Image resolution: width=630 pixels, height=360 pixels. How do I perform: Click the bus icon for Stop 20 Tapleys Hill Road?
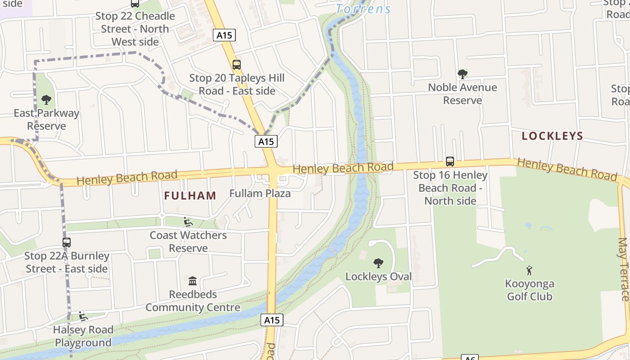pos(236,65)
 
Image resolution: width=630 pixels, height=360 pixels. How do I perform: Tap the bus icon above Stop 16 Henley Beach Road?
pos(450,161)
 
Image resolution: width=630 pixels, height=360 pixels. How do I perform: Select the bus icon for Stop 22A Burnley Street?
pos(67,243)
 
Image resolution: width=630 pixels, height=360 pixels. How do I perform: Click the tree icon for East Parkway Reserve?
pos(46,99)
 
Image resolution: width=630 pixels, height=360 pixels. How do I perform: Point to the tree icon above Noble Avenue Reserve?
pos(462,74)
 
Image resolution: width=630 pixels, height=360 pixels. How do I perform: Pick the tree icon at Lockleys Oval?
pos(378,263)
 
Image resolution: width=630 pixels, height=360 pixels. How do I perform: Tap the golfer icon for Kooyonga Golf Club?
pos(529,270)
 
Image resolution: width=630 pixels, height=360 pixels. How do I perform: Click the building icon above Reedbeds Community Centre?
pos(193,281)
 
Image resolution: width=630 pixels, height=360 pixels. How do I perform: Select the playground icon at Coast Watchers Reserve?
pos(188,221)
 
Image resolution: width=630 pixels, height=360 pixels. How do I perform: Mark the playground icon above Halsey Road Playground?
pos(83,316)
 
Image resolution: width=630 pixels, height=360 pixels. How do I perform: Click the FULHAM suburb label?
pos(190,196)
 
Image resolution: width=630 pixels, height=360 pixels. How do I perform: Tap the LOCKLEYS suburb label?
pos(552,136)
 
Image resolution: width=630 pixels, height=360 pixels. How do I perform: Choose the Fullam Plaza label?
pos(260,193)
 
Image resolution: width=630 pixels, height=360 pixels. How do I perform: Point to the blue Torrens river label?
pos(363,9)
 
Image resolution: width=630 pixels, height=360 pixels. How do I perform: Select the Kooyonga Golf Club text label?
pos(530,290)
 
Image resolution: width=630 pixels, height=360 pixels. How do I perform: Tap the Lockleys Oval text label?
pos(378,276)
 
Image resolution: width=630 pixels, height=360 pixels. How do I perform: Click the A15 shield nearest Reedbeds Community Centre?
pos(272,320)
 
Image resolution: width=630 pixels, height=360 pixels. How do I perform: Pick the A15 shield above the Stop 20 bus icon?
pos(224,35)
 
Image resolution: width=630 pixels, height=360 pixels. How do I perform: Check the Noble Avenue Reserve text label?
pos(463,94)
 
